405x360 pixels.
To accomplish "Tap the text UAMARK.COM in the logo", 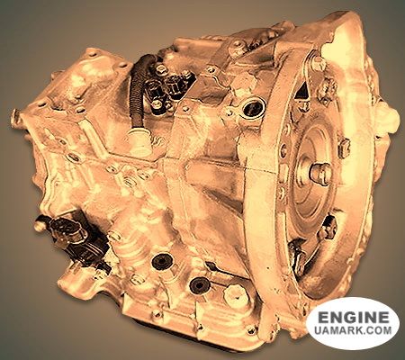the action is click(354, 330).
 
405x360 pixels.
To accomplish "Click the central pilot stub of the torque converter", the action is click(320, 173).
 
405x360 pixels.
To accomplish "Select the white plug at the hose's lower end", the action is click(139, 140).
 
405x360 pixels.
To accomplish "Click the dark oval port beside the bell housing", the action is click(255, 107).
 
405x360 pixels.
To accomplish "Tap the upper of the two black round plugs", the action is click(162, 262).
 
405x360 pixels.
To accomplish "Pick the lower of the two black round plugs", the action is click(200, 285).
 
